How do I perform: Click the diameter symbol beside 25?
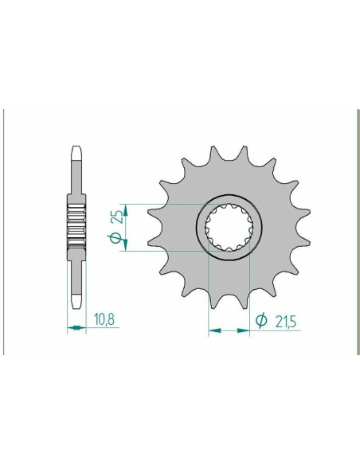point(114,239)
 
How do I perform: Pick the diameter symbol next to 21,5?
point(261,321)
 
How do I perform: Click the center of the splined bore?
point(228,225)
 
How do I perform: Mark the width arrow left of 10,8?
point(74,326)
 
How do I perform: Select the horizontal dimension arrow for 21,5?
point(229,327)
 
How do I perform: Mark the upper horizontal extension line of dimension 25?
point(167,204)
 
